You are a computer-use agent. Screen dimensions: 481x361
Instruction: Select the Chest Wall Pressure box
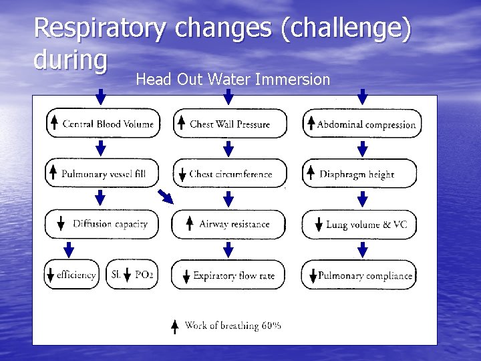(230, 124)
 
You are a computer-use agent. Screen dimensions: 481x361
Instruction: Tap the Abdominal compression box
(362, 124)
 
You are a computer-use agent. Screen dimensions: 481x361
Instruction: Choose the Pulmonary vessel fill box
(102, 174)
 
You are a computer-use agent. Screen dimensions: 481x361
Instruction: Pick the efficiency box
(72, 274)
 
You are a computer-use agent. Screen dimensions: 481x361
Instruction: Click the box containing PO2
(132, 274)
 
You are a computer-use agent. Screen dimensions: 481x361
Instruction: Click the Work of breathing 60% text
(232, 326)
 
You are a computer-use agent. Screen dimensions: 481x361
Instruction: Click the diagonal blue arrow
(164, 196)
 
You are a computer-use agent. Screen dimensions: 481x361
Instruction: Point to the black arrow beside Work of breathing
(174, 326)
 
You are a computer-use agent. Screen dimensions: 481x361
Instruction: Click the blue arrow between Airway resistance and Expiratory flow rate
(228, 249)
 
